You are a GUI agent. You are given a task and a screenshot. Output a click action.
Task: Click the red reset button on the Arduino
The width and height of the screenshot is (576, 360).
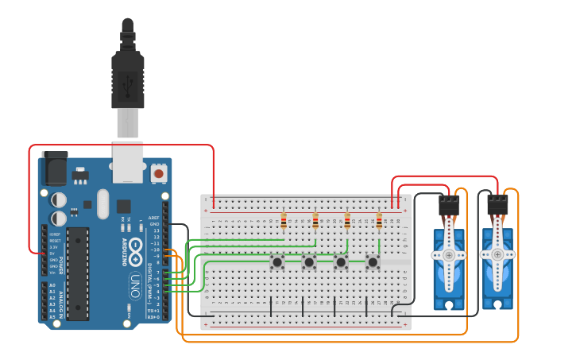click(x=159, y=172)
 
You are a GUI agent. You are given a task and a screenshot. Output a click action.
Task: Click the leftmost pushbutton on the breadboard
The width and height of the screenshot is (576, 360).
click(x=277, y=261)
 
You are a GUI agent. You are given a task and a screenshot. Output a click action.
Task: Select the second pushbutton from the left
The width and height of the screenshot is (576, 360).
click(x=309, y=261)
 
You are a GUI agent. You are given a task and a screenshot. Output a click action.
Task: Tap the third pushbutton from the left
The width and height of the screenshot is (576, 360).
click(x=341, y=261)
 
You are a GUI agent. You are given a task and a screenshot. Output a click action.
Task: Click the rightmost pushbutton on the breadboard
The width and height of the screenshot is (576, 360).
click(x=373, y=261)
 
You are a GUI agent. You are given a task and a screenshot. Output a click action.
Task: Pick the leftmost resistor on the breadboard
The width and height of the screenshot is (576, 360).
click(x=284, y=220)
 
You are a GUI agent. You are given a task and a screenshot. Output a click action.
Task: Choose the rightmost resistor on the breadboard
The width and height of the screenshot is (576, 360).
click(x=379, y=220)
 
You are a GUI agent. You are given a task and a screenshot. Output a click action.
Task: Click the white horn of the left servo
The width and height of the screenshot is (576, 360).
click(x=449, y=254)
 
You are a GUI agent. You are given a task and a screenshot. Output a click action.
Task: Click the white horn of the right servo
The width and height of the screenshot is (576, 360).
click(x=497, y=254)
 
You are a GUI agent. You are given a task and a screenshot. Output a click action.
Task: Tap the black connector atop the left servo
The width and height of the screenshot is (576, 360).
click(x=449, y=206)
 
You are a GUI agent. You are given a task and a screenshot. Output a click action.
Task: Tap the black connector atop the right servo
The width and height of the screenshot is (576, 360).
click(x=497, y=206)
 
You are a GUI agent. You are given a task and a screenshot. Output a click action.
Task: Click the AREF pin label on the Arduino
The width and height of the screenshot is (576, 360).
click(x=154, y=218)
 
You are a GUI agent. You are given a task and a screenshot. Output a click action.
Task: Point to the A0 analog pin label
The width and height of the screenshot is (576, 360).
click(x=52, y=285)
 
